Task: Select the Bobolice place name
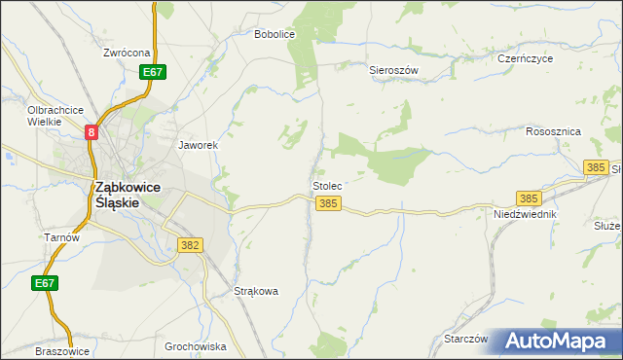(274, 34)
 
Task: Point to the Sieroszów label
(393, 70)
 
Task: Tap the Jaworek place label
(197, 145)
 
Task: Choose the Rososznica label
(553, 130)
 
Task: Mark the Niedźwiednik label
(524, 213)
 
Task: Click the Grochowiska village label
(196, 346)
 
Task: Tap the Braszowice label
(61, 351)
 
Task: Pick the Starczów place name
(465, 339)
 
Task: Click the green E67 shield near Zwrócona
(152, 72)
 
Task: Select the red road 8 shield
(92, 131)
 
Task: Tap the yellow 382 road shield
(190, 245)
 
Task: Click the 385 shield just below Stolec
(329, 203)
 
